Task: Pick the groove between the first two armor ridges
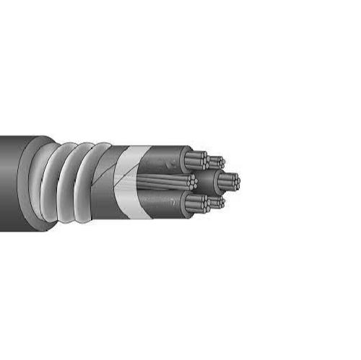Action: (62, 184)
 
